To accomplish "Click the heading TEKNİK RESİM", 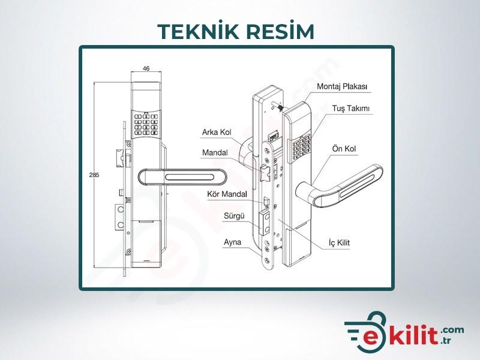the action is [236, 31].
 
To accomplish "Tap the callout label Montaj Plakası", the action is [341, 86].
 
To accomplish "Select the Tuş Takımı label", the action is [351, 109].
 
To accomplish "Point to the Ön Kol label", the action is [344, 149].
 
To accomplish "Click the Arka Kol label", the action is [217, 132].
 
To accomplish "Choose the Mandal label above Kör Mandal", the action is [215, 152].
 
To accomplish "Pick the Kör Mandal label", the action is [227, 194].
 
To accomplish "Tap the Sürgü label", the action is [234, 216].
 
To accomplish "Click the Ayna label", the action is [232, 242].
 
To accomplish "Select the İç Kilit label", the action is [339, 243].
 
